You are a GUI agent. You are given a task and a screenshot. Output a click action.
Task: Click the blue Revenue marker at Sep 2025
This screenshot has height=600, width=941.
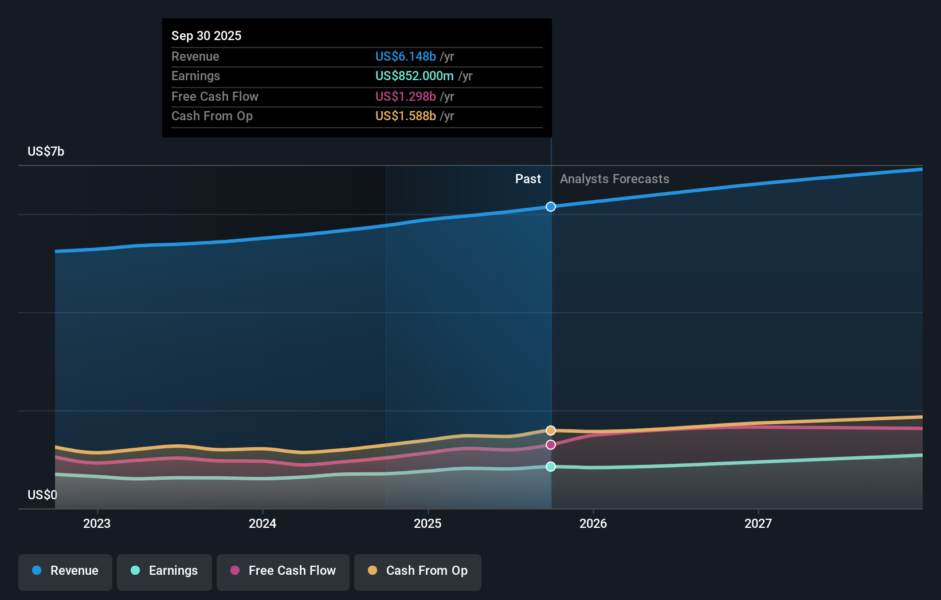coord(551,207)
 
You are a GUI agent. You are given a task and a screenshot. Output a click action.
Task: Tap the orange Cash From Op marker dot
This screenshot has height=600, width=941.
coord(551,431)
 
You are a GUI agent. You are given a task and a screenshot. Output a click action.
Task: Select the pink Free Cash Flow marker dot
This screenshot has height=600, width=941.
coord(551,445)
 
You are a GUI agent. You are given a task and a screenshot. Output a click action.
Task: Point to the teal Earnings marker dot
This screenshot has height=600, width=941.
coord(551,467)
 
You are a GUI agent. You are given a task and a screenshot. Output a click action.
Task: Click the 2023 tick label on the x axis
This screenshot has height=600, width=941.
coord(97,523)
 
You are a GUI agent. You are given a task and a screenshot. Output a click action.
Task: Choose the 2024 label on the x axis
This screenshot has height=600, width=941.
coord(262,523)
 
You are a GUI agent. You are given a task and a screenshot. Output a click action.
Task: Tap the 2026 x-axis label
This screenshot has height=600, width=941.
coord(593,523)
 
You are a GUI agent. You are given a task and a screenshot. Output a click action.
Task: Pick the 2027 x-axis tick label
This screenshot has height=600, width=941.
coord(758,523)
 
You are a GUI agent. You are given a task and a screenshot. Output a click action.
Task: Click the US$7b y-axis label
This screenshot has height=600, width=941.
coord(46,151)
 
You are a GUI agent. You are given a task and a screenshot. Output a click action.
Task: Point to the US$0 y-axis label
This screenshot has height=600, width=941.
coord(42,495)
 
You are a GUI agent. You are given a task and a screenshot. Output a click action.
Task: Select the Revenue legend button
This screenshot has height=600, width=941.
coord(65,571)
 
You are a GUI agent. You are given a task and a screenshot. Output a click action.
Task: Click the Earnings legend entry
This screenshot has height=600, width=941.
coord(164,571)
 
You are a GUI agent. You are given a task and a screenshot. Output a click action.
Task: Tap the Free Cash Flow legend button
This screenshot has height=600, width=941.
coord(283,571)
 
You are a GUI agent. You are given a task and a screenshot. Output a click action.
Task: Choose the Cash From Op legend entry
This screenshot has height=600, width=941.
coord(418,571)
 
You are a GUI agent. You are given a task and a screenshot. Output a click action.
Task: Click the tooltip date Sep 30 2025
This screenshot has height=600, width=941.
coord(206,35)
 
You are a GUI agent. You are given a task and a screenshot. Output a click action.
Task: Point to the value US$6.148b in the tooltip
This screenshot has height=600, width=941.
coord(406,56)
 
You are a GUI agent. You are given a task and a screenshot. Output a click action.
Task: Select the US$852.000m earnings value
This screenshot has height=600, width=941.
coord(414,76)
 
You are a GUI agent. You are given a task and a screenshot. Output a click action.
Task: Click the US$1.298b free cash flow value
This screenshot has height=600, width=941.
coord(406,96)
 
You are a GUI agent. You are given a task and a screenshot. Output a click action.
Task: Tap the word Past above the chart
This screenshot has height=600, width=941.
coord(528,179)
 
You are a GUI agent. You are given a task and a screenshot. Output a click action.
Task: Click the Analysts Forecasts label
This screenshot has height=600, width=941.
coord(614,179)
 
